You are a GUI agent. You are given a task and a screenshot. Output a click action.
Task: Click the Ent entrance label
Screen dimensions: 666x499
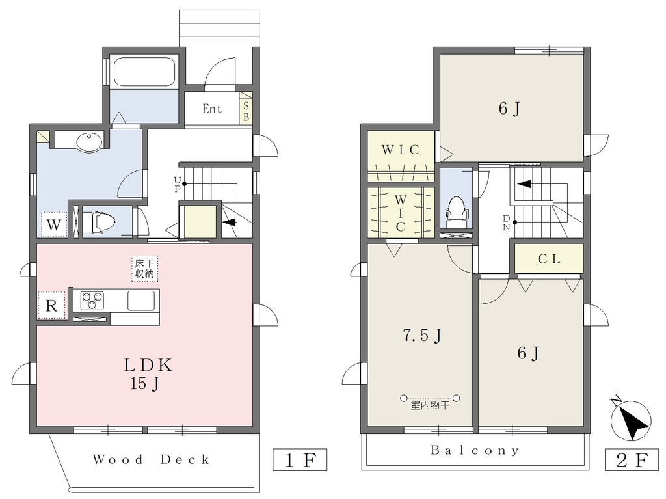point(212,109)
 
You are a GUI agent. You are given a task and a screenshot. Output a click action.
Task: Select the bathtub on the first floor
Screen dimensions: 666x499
point(144,70)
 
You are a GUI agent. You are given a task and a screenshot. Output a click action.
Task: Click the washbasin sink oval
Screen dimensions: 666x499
point(90,142)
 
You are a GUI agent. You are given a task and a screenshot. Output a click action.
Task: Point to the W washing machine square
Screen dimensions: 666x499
point(54,224)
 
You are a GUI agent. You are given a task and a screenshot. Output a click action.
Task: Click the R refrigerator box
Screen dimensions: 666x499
point(51,305)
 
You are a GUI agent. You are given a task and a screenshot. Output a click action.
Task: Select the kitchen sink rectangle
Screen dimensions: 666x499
point(141,301)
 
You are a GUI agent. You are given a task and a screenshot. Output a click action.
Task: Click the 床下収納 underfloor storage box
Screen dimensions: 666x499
point(144,269)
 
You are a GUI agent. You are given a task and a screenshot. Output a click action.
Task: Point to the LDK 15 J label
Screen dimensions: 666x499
point(148,374)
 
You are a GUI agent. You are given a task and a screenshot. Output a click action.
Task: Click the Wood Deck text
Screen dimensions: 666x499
point(151,459)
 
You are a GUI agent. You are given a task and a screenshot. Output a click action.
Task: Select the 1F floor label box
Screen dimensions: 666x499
point(300,459)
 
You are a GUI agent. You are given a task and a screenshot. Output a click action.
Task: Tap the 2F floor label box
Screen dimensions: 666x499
point(632,459)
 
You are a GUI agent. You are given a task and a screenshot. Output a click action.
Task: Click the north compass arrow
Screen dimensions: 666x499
point(631,420)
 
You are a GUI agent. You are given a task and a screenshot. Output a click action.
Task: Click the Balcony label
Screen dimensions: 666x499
point(474,450)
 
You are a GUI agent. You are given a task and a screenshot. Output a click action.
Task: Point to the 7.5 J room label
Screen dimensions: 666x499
point(422,335)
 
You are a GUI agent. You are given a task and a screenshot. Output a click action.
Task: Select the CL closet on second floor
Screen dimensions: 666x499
point(549,258)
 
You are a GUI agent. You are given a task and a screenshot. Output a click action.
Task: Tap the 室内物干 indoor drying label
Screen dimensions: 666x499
point(430,405)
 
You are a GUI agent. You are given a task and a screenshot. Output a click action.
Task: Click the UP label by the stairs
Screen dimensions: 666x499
point(177,185)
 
